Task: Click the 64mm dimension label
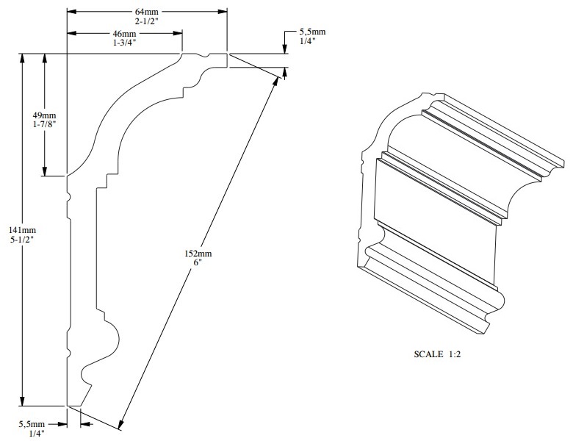tap(147, 12)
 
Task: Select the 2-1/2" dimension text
tap(147, 23)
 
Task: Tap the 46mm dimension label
tap(124, 35)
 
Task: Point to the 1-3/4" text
tap(124, 45)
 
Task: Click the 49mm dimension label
tap(45, 116)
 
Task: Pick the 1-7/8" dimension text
tap(45, 126)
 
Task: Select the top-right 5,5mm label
tap(311, 33)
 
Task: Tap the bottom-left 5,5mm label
tap(32, 424)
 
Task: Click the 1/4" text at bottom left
tap(32, 434)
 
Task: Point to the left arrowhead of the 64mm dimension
tap(71, 12)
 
